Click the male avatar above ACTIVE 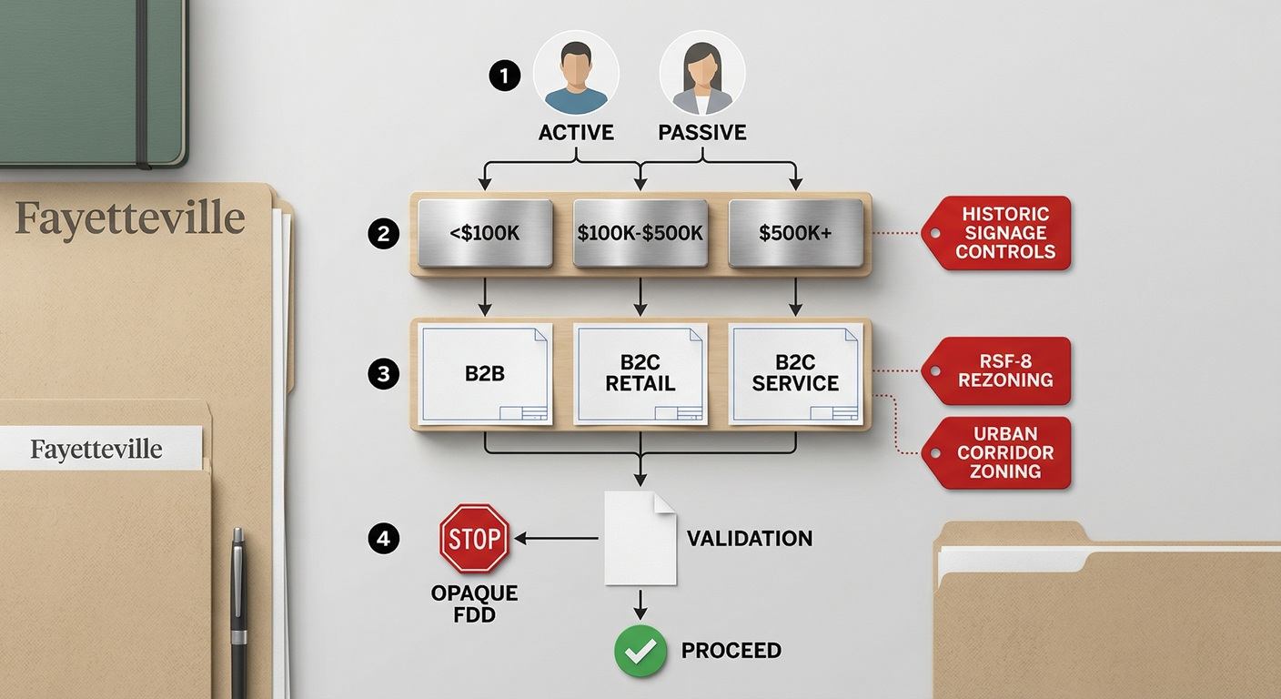[576, 74]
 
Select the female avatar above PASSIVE [702, 74]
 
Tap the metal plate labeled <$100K [485, 233]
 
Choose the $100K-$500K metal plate [640, 233]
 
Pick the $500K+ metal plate [795, 233]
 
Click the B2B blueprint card [485, 374]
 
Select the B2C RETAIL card [640, 374]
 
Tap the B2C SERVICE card [795, 374]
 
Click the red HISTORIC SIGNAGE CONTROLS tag [996, 233]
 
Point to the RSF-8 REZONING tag [996, 370]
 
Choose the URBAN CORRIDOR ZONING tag [996, 452]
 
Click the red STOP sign [474, 538]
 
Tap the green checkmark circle [640, 651]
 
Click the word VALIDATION [750, 538]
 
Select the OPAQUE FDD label [474, 604]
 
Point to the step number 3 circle [383, 374]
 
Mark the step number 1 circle [504, 76]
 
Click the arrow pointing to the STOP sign [556, 538]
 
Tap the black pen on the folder [239, 612]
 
